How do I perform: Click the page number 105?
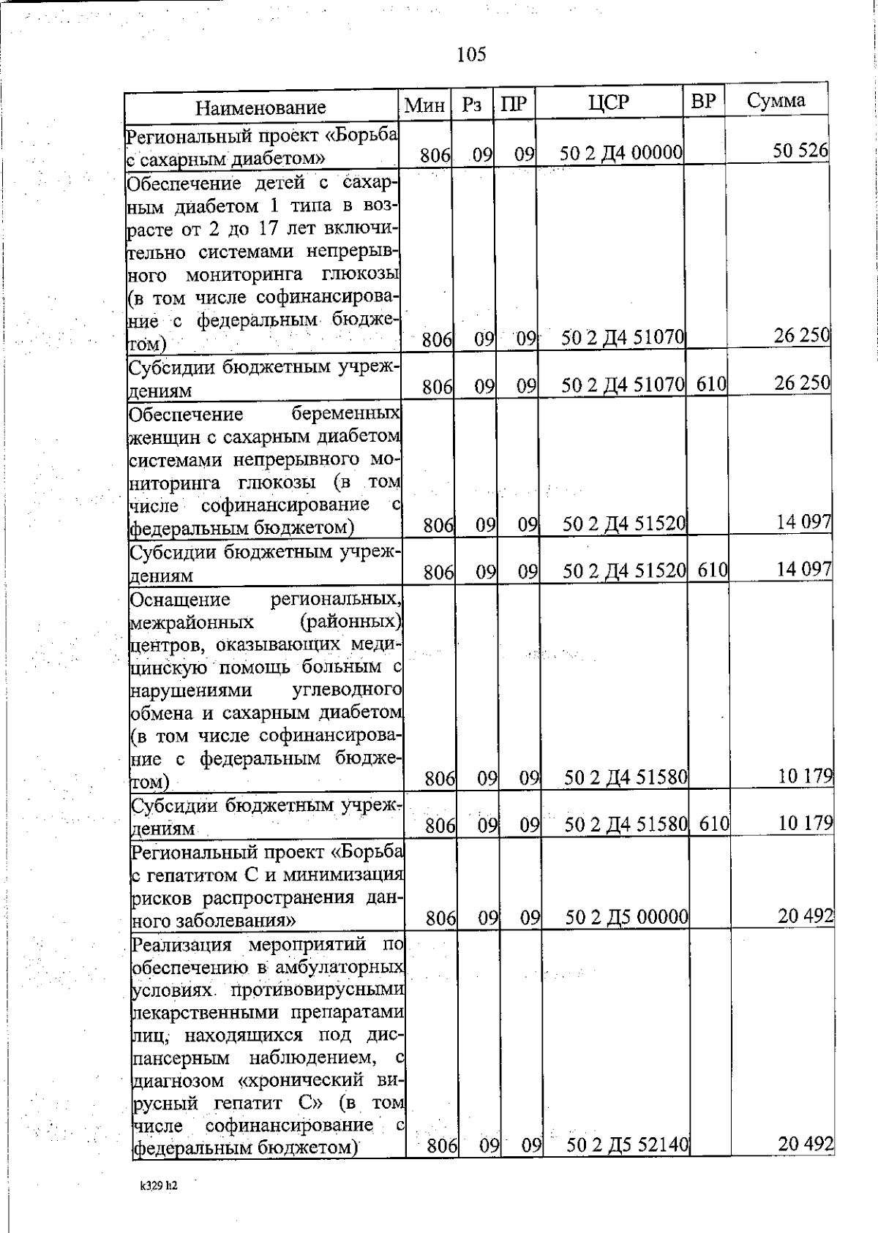(x=470, y=54)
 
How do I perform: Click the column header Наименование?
(x=260, y=108)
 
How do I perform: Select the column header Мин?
(x=425, y=105)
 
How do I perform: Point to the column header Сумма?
(x=776, y=100)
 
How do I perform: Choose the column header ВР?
(x=703, y=102)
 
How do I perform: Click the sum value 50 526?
(x=800, y=151)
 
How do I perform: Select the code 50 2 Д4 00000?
(x=621, y=154)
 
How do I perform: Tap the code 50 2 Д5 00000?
(x=626, y=916)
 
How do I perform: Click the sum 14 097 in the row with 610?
(x=803, y=568)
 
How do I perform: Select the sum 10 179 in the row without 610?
(x=806, y=775)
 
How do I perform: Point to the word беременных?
(x=345, y=415)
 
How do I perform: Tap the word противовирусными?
(x=318, y=990)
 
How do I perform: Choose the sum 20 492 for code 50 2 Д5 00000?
(x=806, y=915)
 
